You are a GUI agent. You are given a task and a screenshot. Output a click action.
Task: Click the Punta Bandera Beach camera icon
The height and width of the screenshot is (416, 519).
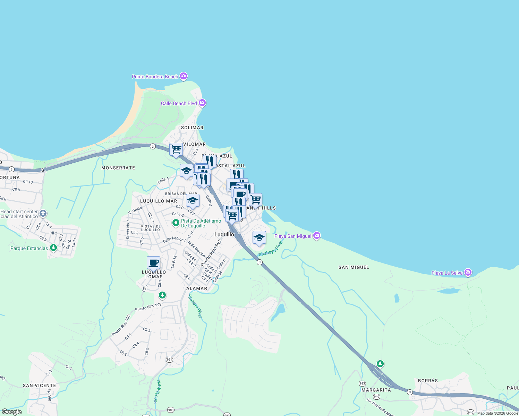[184, 76]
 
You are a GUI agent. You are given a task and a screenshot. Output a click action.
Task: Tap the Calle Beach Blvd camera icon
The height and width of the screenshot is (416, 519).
[202, 103]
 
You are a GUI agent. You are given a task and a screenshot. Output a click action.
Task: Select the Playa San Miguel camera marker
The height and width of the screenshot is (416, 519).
[316, 236]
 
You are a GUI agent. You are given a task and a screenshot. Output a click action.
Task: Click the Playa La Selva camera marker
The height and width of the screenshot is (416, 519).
[468, 272]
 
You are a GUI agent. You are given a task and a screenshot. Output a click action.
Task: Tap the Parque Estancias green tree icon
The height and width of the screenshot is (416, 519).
[53, 248]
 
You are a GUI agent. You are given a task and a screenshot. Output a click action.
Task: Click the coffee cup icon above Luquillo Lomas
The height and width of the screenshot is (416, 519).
[153, 263]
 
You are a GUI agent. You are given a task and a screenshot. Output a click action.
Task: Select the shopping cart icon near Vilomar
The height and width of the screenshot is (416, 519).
[176, 149]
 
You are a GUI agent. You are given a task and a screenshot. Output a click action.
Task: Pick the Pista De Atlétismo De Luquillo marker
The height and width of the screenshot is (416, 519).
[176, 223]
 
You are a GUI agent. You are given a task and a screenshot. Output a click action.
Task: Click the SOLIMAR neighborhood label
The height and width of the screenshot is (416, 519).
[192, 128]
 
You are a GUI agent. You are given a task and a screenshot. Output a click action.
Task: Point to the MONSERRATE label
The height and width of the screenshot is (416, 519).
[118, 168]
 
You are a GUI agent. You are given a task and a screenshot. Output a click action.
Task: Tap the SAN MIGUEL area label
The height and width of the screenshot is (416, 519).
[354, 267]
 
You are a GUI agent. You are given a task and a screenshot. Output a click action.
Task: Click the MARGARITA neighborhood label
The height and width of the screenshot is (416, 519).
[376, 390]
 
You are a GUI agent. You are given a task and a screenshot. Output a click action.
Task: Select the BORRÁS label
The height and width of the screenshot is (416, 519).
[428, 381]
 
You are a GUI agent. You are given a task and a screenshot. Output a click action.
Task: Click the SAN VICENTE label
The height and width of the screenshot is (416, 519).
[39, 385]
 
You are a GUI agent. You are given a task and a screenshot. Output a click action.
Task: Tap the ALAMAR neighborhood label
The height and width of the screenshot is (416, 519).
[197, 288]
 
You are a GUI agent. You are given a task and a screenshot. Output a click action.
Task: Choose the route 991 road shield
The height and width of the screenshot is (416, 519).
[169, 359]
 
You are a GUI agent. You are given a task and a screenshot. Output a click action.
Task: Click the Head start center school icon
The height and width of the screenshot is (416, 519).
[43, 213]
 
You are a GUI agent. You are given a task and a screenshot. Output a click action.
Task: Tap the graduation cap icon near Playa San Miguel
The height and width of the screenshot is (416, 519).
[259, 238]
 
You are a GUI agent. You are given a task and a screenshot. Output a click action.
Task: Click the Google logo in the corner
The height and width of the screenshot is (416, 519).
[11, 412]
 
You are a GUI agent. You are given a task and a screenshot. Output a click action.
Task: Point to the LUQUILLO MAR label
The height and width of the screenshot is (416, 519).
[159, 201]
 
